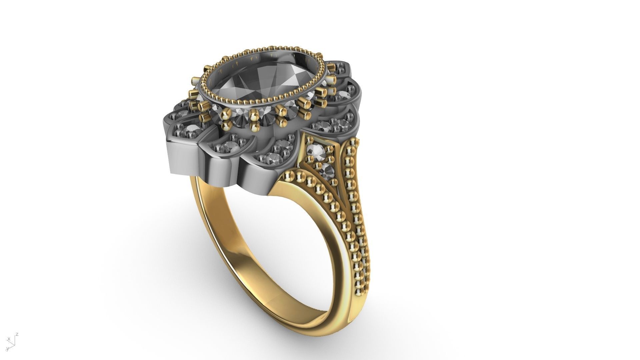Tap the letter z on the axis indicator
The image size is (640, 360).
(x=17, y=334)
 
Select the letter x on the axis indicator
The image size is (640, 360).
(x=9, y=339)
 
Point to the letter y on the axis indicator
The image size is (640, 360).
(x=7, y=349)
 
